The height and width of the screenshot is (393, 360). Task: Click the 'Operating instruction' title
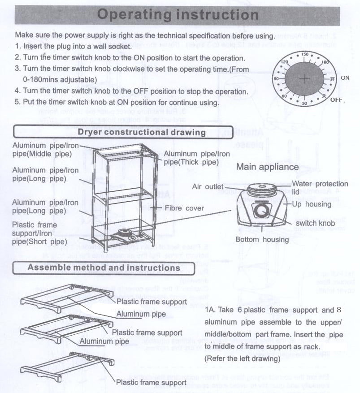[x=178, y=15]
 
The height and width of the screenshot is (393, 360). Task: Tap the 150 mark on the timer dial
[x=305, y=55]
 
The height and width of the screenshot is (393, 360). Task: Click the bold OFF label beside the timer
[x=336, y=99]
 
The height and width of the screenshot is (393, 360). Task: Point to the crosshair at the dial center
[x=305, y=79]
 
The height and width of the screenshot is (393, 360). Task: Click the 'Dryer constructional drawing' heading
[x=141, y=132]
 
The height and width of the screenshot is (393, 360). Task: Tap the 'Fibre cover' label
[x=184, y=208]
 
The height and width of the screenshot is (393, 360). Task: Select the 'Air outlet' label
[x=208, y=186]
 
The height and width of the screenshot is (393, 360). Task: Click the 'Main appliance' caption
[x=267, y=167]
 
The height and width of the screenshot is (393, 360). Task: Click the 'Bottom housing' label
[x=262, y=239]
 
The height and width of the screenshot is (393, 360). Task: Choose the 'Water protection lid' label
[x=320, y=187]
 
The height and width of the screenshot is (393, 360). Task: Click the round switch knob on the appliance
[x=260, y=209]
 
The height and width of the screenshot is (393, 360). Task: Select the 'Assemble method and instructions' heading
[x=104, y=268]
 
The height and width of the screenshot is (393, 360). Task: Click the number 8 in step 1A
[x=338, y=310]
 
